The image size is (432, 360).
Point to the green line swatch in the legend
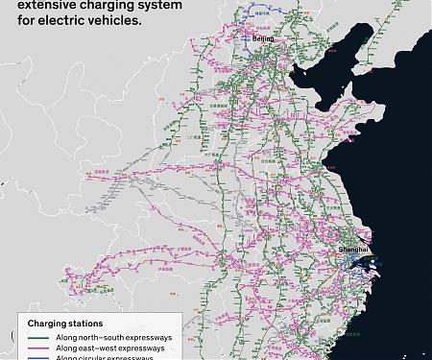[38, 338]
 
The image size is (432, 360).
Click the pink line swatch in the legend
[38, 348]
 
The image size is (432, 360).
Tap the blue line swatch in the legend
[38, 358]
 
